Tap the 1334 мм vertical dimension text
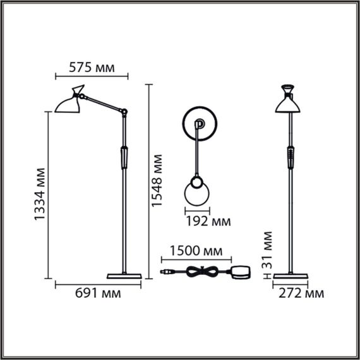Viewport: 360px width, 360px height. (x=39, y=194)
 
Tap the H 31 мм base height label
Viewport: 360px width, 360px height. (x=267, y=255)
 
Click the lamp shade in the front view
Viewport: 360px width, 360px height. (x=290, y=102)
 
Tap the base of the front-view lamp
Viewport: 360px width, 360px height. (x=290, y=275)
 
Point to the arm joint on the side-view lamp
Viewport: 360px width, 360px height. (x=124, y=113)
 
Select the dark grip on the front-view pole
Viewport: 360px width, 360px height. (x=290, y=156)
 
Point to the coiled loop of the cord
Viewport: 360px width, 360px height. (x=201, y=272)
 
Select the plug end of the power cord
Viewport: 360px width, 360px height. (x=165, y=272)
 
